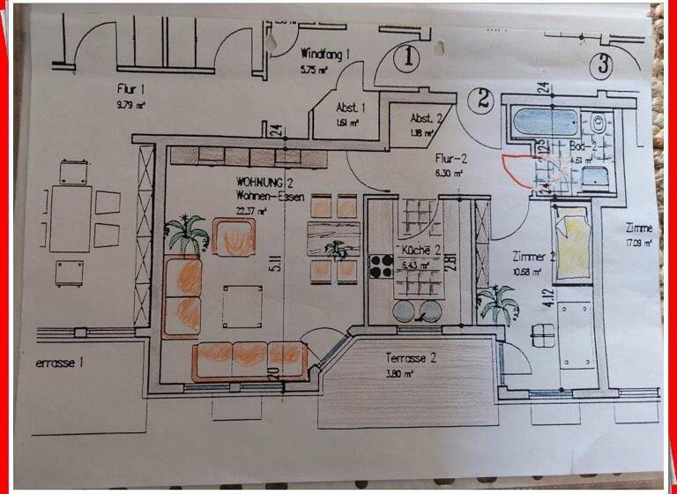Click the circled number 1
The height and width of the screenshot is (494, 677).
(407, 58)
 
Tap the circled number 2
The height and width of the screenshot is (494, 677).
(482, 100)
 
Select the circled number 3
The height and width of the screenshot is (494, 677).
(602, 64)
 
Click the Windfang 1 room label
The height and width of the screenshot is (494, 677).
(325, 53)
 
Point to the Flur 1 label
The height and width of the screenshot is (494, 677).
(130, 89)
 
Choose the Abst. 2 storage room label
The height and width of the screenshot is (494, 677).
(427, 118)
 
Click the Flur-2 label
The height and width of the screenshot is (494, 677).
(451, 159)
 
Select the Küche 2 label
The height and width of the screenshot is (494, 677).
(420, 251)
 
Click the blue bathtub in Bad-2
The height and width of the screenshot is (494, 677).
(545, 122)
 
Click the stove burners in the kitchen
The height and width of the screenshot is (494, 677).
(381, 266)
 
